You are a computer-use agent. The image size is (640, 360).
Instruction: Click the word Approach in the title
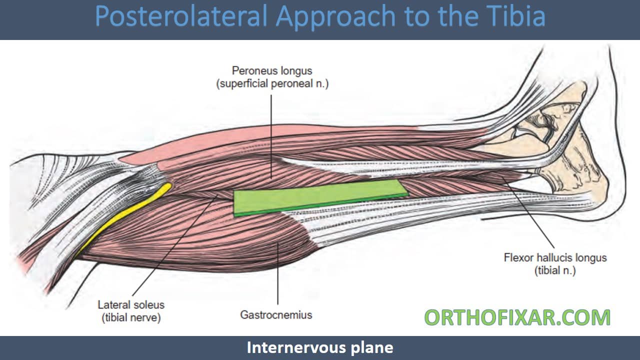(335, 16)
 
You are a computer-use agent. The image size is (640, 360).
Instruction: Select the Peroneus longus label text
(272, 71)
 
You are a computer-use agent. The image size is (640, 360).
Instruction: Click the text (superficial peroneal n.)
(272, 84)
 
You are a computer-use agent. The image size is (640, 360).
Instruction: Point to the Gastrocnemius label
(276, 315)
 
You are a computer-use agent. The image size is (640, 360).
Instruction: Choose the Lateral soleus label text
(131, 304)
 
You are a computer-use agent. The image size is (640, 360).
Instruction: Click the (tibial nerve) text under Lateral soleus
(131, 317)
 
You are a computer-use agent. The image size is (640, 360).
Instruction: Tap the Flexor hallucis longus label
(555, 258)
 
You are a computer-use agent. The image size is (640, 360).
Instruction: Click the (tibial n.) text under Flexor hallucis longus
(555, 270)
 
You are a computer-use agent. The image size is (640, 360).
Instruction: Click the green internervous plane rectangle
(320, 197)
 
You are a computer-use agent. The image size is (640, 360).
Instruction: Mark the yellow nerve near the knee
(125, 215)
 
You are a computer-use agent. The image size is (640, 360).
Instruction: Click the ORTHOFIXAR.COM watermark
(517, 318)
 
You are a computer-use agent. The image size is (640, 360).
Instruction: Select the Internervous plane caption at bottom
(320, 347)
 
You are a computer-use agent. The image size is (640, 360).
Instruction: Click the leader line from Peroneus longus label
(271, 135)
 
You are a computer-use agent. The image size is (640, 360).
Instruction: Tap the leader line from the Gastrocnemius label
(278, 275)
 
